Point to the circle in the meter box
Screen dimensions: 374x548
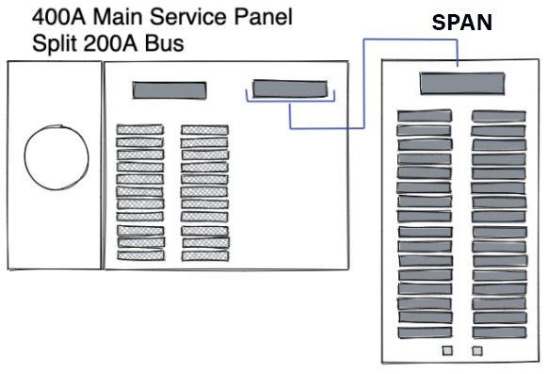(x=55, y=154)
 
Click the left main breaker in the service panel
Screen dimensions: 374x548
(x=169, y=90)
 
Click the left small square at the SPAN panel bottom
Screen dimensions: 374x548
(x=447, y=351)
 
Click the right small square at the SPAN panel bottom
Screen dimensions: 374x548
(x=477, y=351)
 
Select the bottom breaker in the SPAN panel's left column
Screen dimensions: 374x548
(x=424, y=333)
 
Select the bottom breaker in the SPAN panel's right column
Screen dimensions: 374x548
(x=498, y=333)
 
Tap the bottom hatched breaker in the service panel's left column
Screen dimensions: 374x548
(x=139, y=254)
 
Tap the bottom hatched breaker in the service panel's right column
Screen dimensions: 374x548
(x=204, y=254)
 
